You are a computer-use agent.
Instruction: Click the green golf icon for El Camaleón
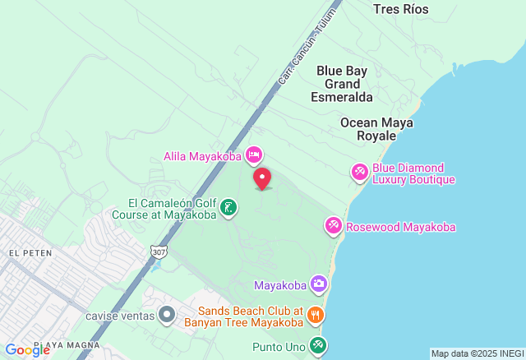pos(229,208)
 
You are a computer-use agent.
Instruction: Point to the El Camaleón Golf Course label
pos(171,209)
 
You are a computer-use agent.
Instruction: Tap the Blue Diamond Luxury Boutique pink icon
pos(360,173)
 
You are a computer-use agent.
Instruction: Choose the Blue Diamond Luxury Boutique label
pos(413,173)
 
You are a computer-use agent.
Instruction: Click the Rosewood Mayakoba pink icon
pos(334,226)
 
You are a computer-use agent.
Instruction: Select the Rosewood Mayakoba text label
pos(400,227)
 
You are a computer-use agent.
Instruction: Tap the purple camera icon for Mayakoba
pos(319,285)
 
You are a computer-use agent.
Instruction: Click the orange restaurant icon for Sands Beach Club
pos(315,315)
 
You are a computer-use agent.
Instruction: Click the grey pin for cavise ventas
pos(167,315)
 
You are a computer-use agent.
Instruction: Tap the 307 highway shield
pos(158,252)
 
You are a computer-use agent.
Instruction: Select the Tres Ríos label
pos(400,9)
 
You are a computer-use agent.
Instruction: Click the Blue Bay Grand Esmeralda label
pos(342,83)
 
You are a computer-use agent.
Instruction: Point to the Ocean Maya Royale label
pos(376,129)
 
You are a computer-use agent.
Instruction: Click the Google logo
pos(27,349)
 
